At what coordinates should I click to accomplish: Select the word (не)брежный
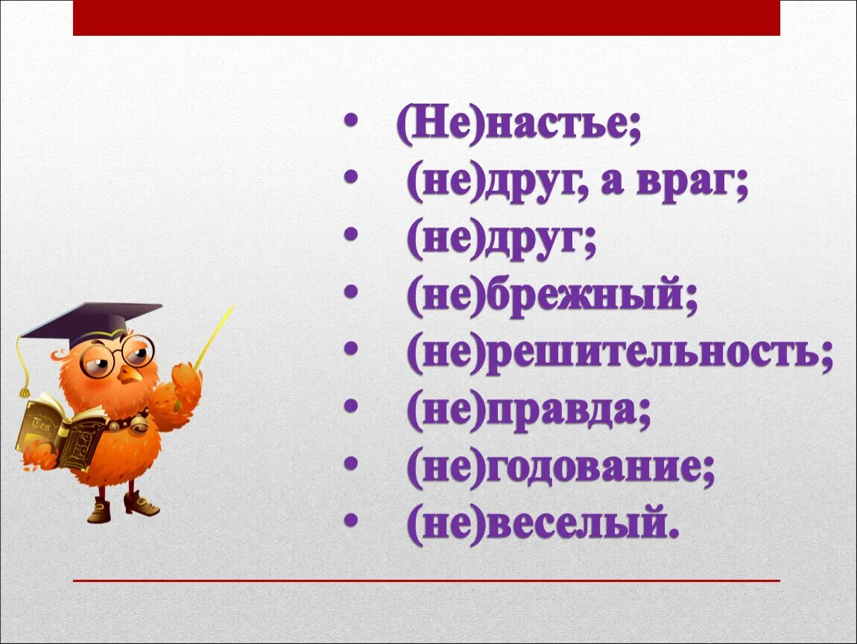[x=551, y=299]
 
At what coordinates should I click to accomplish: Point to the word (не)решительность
[x=619, y=356]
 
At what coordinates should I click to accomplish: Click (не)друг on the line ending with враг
[x=490, y=183]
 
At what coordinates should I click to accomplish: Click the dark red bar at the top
[x=426, y=18]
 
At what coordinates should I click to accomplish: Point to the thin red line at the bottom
[x=426, y=580]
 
